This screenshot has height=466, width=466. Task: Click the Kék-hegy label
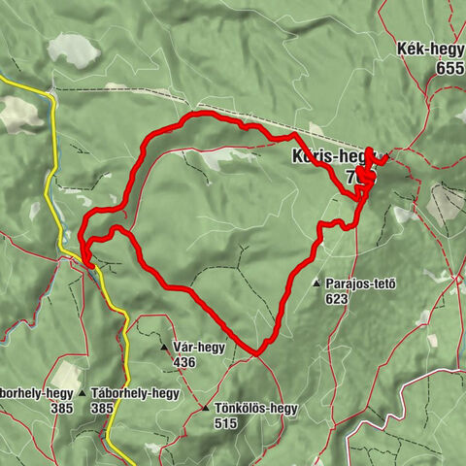point(430,51)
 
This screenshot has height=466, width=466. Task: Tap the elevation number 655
point(450,69)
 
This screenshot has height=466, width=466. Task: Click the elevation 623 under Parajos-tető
point(337,300)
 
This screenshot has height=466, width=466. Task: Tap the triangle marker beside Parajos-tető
point(316,283)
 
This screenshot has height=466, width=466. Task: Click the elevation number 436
point(184,362)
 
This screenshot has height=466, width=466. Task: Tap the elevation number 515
point(226,424)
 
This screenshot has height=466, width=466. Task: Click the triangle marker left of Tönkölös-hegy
point(205,409)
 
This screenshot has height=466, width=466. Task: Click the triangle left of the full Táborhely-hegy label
point(83,393)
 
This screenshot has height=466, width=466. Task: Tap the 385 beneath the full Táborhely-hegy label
point(102,409)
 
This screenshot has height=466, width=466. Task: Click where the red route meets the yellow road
point(86,260)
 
